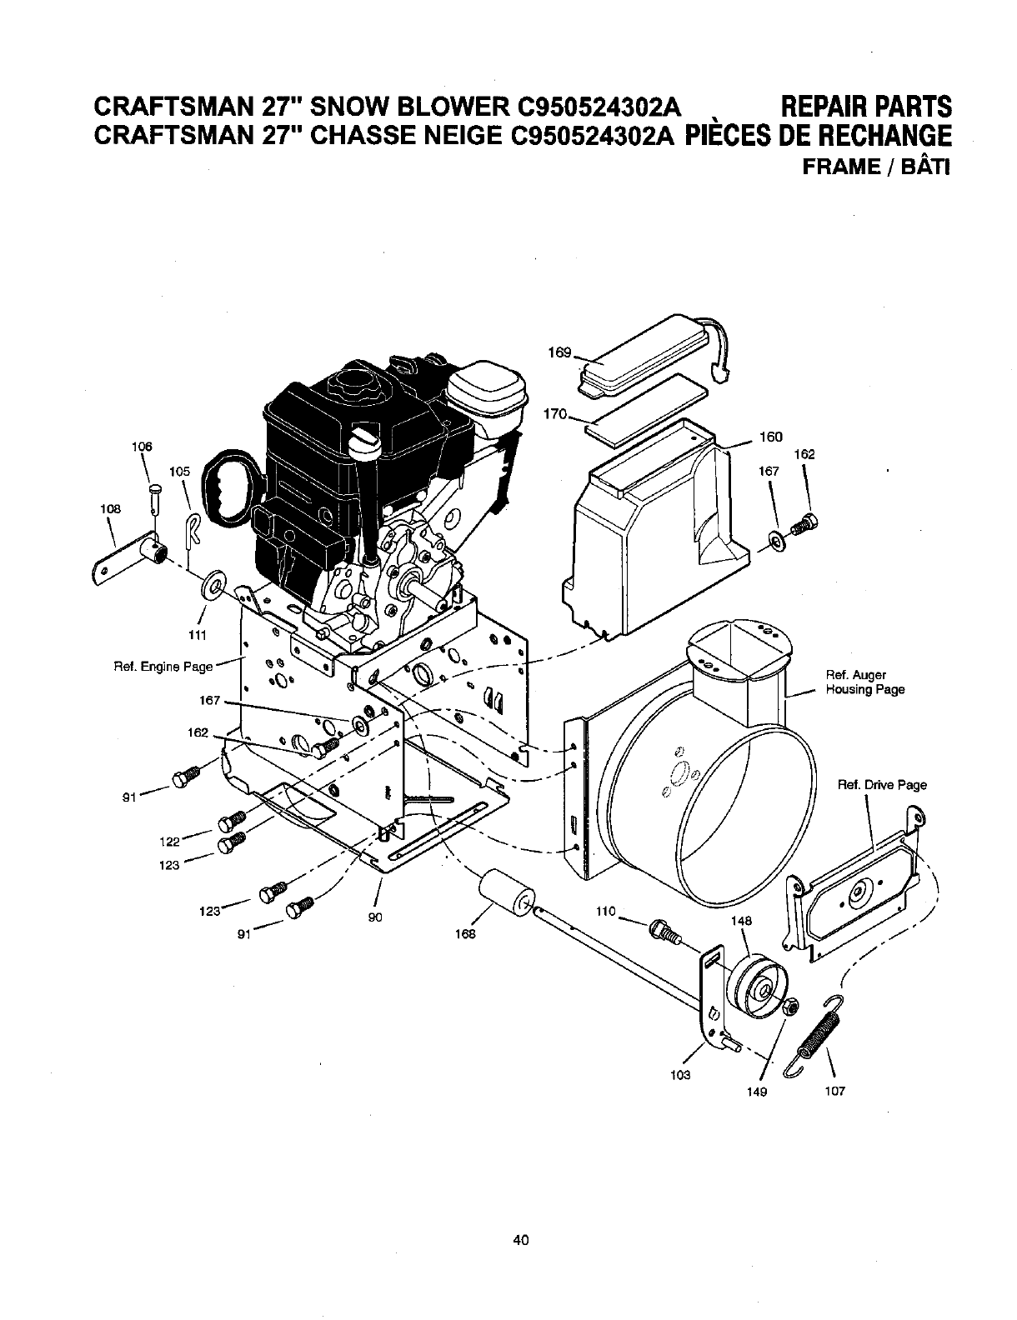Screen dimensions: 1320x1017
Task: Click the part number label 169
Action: pyautogui.click(x=559, y=352)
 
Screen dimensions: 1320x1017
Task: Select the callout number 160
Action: pyautogui.click(x=771, y=436)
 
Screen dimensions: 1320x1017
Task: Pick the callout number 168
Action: pyautogui.click(x=464, y=934)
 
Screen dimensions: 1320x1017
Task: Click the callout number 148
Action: pyautogui.click(x=741, y=921)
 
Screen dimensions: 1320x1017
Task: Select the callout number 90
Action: pyautogui.click(x=373, y=918)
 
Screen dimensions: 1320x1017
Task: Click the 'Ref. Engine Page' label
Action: pyautogui.click(x=163, y=667)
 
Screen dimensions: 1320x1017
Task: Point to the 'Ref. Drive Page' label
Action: pyautogui.click(x=882, y=784)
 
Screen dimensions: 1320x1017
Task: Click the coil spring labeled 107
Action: pyautogui.click(x=816, y=1029)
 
